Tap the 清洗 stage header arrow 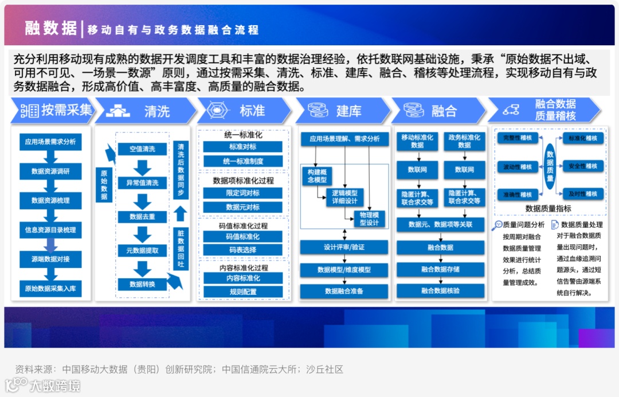coord(146,111)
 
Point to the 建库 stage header coord(343,111)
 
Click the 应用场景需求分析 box coord(50,141)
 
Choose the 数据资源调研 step coord(50,171)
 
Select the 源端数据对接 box coord(50,259)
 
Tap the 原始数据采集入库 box coord(50,289)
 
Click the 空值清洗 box coord(142,149)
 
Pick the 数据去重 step coord(142,217)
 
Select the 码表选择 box coord(243,250)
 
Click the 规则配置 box coord(243,291)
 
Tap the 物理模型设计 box coord(369,219)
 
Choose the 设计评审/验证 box coord(344,247)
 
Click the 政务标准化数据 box coord(464,141)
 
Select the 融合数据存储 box coord(440,269)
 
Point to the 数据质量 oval coord(550,166)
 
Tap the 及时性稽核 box coord(582,194)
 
